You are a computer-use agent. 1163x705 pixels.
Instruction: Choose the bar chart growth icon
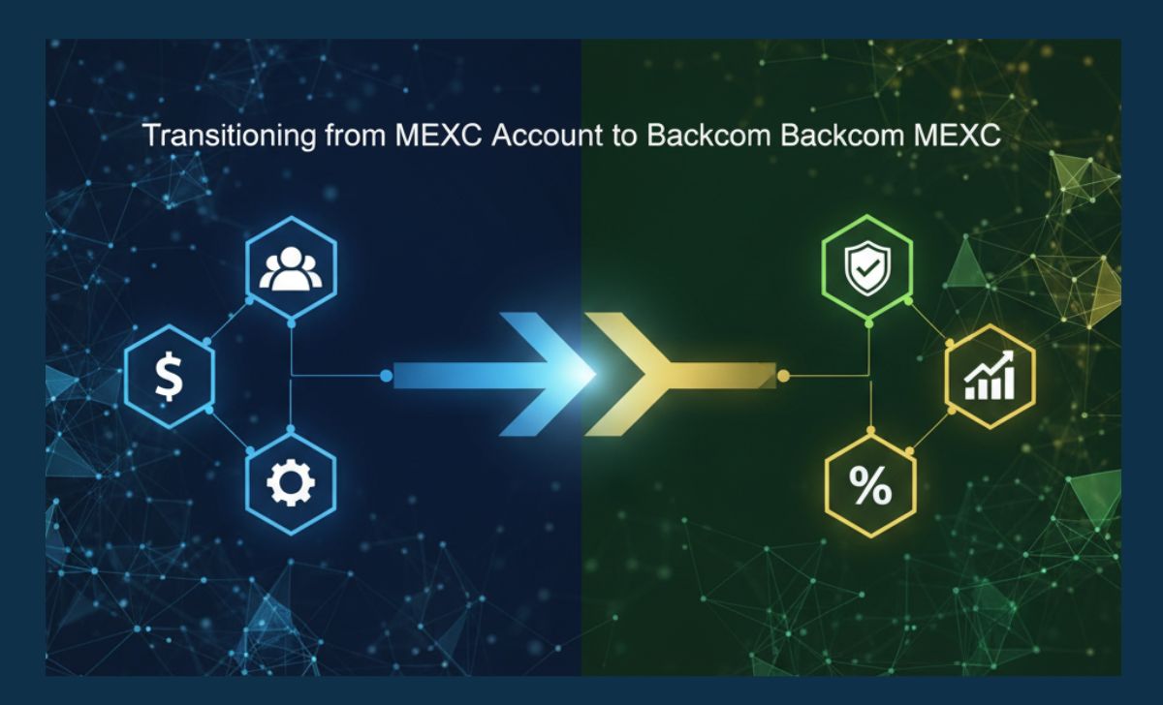pyautogui.click(x=990, y=377)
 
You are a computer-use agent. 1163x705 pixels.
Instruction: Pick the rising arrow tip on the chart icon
pyautogui.click(x=1009, y=358)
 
